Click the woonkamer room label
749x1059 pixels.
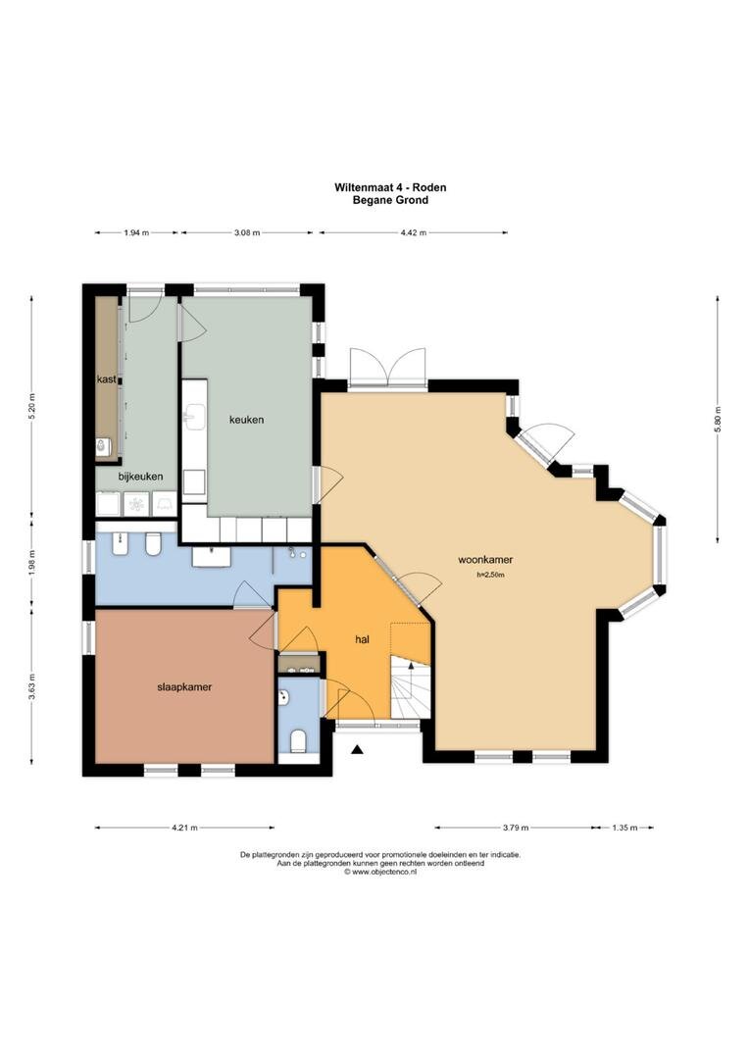pos(485,559)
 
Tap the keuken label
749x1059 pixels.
pos(246,420)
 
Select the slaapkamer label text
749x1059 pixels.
pos(184,686)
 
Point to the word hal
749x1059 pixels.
pos(362,639)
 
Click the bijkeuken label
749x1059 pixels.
pos(140,477)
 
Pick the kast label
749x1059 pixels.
pos(106,378)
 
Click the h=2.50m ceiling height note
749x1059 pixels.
pos(491,576)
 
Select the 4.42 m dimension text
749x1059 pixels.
pos(414,233)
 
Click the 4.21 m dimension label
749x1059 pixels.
pos(184,828)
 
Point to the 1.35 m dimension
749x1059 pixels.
pos(624,828)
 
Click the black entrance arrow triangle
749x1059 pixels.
pos(358,748)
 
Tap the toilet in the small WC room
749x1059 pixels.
pos(298,741)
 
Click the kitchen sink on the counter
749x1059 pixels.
pos(194,417)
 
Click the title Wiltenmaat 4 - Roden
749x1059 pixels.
pos(390,187)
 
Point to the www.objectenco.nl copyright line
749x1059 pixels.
pos(380,872)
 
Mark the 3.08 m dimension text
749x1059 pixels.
pos(246,233)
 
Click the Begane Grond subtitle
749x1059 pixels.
pos(390,200)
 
